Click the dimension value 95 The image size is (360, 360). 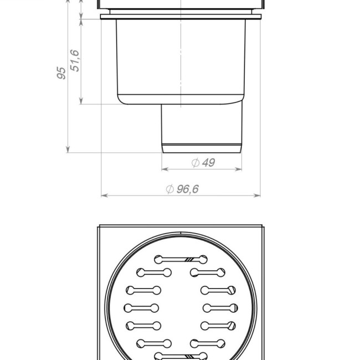[61, 73]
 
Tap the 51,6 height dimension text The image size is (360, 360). [75, 60]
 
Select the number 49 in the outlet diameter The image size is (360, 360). [208, 162]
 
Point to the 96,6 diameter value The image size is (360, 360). [188, 189]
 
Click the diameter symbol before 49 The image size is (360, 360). [196, 163]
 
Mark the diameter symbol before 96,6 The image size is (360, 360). [170, 189]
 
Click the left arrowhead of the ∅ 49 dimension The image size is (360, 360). [165, 169]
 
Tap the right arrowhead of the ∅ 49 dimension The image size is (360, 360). [239, 169]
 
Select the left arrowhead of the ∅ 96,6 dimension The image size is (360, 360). [105, 196]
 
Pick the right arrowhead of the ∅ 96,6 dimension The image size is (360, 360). [257, 196]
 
